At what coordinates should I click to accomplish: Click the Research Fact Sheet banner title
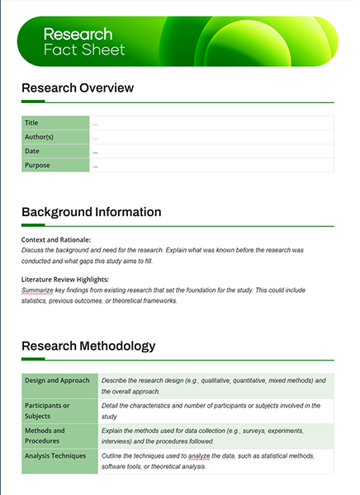click(x=83, y=42)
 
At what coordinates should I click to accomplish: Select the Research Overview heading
click(x=77, y=88)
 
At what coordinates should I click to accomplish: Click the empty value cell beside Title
click(x=211, y=123)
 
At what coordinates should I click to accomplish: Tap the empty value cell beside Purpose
click(x=211, y=165)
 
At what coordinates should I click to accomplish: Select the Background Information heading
click(x=91, y=212)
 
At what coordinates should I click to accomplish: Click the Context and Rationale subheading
click(x=56, y=239)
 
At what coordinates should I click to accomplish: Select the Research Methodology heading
click(x=88, y=346)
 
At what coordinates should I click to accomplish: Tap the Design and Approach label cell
click(x=58, y=380)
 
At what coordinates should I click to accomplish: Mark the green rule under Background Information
click(x=178, y=226)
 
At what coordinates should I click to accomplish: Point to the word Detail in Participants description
click(x=110, y=405)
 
